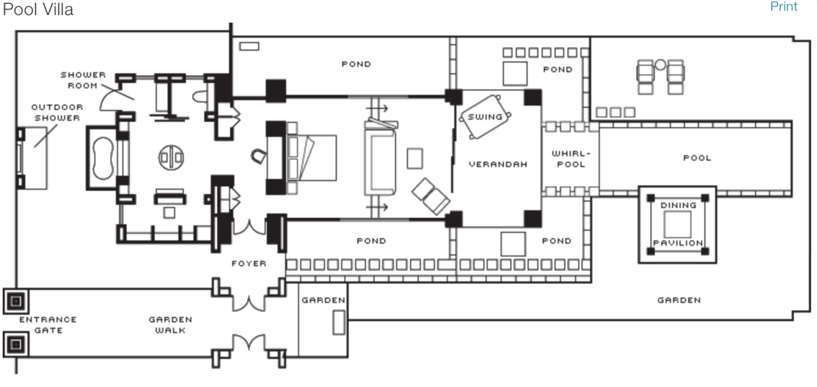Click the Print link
point(783,7)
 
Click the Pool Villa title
point(38,10)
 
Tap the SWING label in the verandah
point(485,117)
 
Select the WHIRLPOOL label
point(568,159)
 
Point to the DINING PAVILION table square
point(677,224)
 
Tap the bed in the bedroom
point(312,157)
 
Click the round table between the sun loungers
point(660,65)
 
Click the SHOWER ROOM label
point(82,80)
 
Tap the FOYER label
point(249,264)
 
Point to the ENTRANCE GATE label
point(48,324)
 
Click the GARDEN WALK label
point(170,324)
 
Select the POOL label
point(696,158)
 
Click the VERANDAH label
point(498,164)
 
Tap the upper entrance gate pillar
point(15,300)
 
